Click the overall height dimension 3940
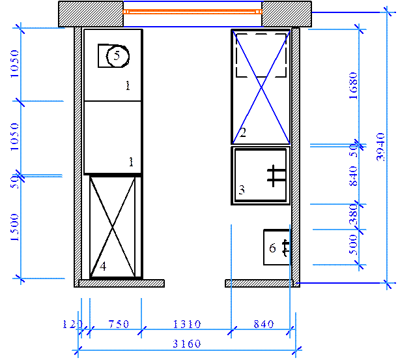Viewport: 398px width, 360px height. click(x=382, y=147)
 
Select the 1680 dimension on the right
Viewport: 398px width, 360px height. click(x=353, y=85)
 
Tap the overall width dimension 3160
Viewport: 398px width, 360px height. click(x=186, y=344)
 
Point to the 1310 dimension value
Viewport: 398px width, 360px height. click(x=186, y=323)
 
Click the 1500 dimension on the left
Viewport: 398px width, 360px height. click(x=14, y=227)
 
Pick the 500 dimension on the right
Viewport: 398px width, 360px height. click(x=353, y=245)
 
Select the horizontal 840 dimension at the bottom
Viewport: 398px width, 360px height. click(x=264, y=323)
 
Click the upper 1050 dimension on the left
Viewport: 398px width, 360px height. click(x=14, y=64)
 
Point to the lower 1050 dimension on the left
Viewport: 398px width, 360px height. click(x=14, y=137)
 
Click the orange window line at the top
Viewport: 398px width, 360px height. click(x=192, y=11)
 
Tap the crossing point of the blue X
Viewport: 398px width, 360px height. click(x=261, y=87)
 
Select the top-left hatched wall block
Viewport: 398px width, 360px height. click(x=91, y=14)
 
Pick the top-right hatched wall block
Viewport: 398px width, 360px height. click(x=286, y=14)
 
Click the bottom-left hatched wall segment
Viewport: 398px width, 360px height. click(x=121, y=283)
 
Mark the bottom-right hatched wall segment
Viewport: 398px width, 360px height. click(x=259, y=283)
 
